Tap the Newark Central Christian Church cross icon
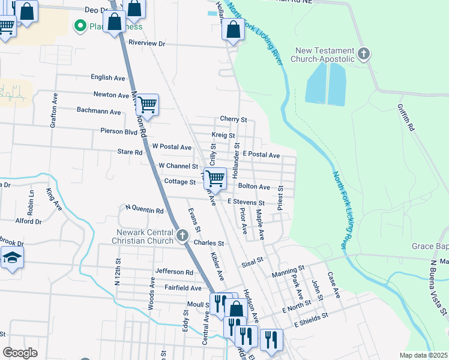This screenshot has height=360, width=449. (x=183, y=235)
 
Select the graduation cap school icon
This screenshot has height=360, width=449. (x=11, y=259)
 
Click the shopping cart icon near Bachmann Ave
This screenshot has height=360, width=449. (x=146, y=105)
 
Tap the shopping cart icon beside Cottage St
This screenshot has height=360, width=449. (x=214, y=177)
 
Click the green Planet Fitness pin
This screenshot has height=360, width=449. (x=78, y=26)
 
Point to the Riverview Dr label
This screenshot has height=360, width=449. (x=146, y=44)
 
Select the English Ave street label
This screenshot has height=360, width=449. (x=107, y=77)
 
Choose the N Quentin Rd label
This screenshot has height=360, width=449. (x=144, y=211)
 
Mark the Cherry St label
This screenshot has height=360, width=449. (x=234, y=119)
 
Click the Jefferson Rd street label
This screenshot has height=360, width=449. (x=174, y=272)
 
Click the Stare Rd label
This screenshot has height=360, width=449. (x=130, y=152)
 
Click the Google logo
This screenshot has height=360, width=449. (x=20, y=353)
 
